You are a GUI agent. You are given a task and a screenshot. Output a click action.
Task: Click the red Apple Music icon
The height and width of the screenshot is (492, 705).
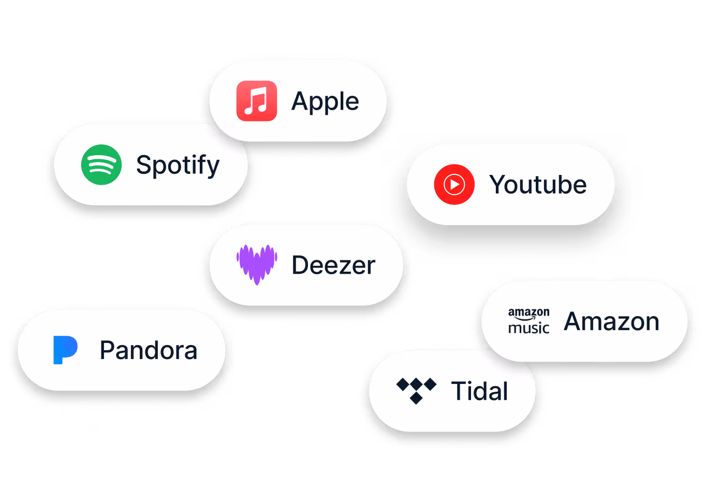[256, 101]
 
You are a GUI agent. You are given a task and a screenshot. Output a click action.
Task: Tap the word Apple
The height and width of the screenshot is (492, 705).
[325, 102]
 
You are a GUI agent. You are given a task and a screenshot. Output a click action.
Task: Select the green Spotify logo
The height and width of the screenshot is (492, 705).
[101, 165]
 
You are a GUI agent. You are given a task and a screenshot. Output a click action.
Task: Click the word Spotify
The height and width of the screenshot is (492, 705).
[178, 166]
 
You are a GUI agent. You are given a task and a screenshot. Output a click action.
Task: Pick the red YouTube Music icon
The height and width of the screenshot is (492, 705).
[454, 184]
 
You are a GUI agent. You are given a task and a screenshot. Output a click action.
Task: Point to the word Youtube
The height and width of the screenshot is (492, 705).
[538, 185]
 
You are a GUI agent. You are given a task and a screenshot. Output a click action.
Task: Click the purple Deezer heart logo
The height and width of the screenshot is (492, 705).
[257, 264]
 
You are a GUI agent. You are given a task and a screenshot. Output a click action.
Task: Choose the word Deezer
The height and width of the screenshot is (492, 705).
[333, 265]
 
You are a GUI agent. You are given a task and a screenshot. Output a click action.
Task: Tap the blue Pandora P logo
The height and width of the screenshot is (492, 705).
[65, 350]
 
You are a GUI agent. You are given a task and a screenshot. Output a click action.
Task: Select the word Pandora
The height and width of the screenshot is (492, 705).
[148, 351]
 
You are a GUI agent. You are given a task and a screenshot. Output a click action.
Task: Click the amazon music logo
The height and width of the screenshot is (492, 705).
[528, 321]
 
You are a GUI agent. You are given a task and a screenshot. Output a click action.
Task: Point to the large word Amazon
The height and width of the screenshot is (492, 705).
[611, 321]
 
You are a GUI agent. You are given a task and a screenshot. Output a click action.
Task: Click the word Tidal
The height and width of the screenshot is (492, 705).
[479, 391]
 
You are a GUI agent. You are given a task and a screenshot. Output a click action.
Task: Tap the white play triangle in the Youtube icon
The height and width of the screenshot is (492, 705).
[454, 184]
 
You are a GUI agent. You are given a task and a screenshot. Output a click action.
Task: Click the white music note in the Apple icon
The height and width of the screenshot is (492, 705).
[256, 101]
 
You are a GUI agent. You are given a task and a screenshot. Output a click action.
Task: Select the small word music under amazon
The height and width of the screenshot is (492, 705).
[528, 328]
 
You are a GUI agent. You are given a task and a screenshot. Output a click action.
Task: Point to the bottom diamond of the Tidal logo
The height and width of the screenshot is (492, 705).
[416, 398]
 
